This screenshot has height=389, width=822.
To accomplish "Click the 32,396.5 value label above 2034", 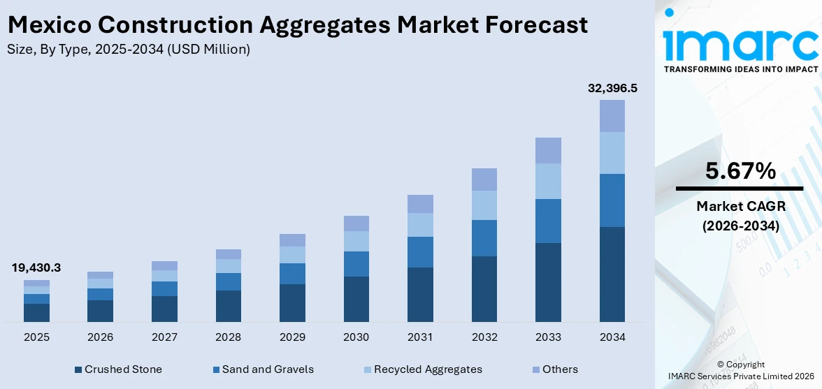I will (x=612, y=89).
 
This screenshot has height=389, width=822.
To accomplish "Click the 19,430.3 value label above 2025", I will (x=36, y=267).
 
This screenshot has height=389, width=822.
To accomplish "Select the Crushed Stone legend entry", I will (x=118, y=369).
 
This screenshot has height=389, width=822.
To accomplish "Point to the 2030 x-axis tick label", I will (x=356, y=337).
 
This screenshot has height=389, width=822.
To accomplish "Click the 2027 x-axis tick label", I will (x=164, y=337).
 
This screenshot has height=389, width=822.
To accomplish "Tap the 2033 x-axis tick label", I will (x=548, y=337).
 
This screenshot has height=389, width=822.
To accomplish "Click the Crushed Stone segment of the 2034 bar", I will (x=612, y=274).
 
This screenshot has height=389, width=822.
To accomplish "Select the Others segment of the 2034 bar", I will (x=612, y=116).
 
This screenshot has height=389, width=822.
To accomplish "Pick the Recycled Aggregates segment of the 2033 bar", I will (x=548, y=181).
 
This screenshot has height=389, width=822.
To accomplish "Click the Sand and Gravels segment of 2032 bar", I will (x=484, y=238).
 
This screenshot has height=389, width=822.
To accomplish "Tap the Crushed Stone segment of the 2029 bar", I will (x=292, y=302).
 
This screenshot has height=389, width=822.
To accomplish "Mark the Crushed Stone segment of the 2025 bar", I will (x=36, y=312).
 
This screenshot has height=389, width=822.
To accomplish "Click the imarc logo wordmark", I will (x=740, y=43).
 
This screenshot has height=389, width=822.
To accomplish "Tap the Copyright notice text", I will (x=741, y=365).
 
